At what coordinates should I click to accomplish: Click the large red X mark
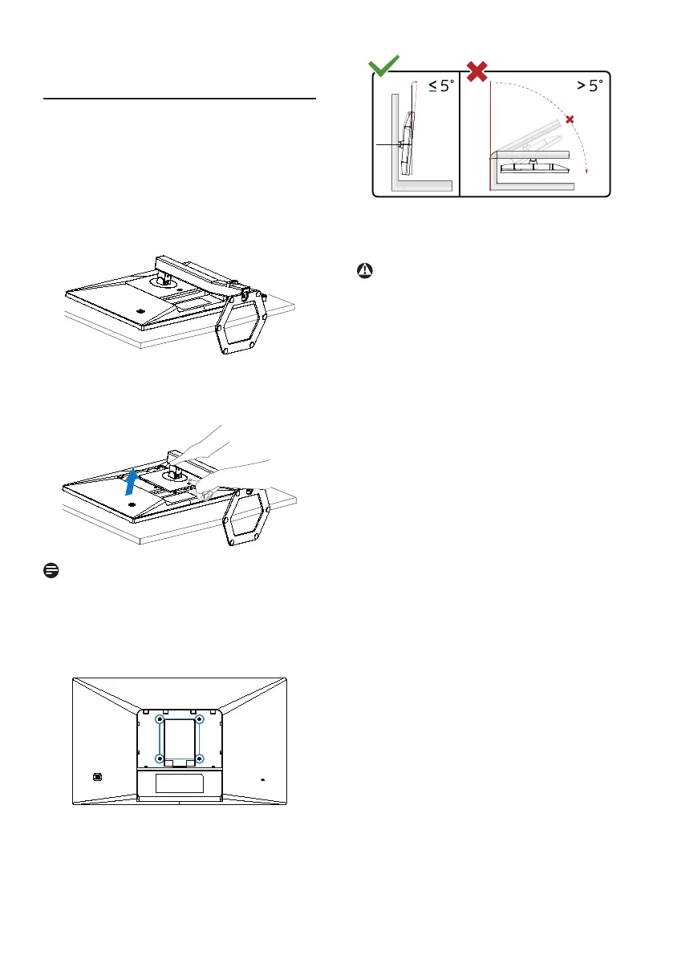pos(477,69)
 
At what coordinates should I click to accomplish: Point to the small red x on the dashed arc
pos(570,119)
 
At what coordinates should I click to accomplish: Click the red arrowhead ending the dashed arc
pos(587,170)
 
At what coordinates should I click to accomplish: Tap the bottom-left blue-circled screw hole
pos(160,758)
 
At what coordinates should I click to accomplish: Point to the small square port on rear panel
pos(97,776)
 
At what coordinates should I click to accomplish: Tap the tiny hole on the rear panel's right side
pos(264,778)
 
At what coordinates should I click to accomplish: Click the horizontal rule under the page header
pos(180,100)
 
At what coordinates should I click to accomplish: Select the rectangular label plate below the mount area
pos(180,782)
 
